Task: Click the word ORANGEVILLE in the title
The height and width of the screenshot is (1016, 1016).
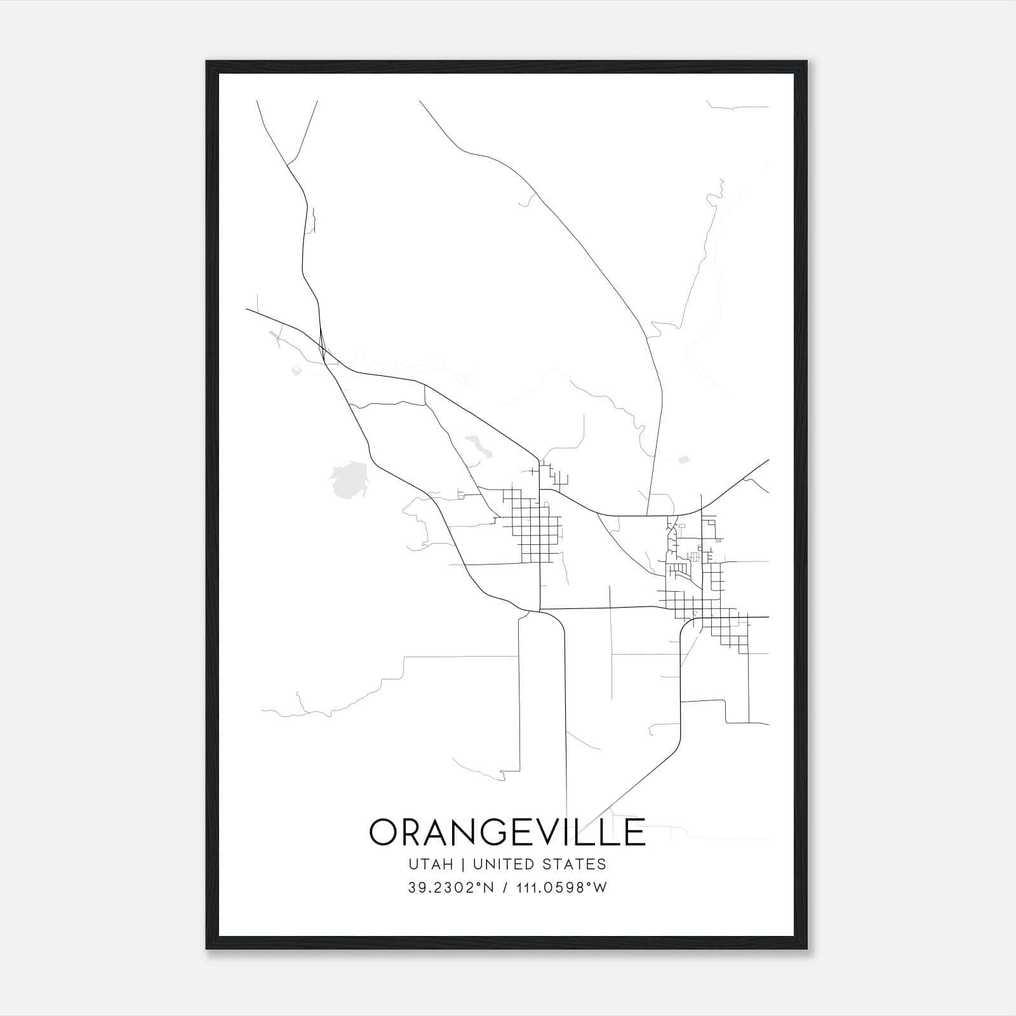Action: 507,832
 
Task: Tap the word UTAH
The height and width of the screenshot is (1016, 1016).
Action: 431,864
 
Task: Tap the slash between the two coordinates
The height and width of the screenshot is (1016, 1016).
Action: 505,888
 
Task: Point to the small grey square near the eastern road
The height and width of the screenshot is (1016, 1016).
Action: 684,459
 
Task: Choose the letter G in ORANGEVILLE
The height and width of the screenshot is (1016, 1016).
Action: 492,832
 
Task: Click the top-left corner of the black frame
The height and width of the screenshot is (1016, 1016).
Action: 208,62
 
